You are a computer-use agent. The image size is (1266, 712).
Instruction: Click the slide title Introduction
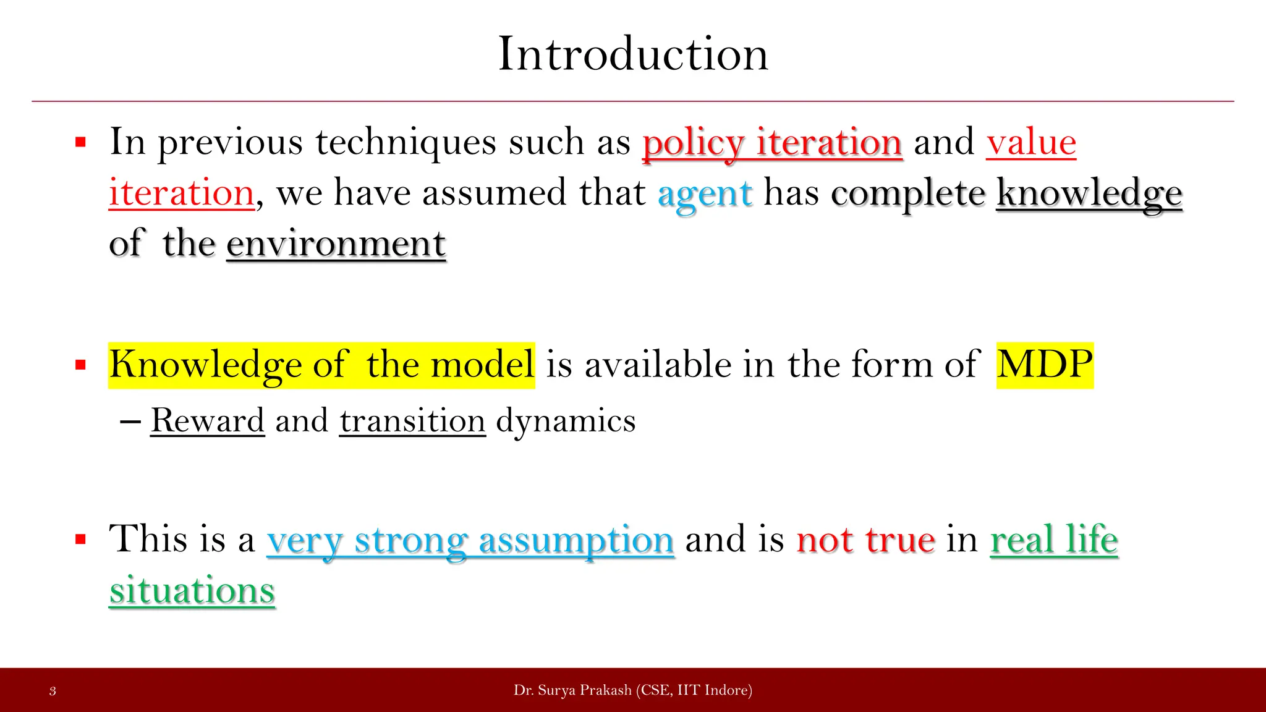click(x=633, y=54)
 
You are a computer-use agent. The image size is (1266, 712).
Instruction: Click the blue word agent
click(x=705, y=194)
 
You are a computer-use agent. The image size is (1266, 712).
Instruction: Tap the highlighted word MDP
click(x=1045, y=365)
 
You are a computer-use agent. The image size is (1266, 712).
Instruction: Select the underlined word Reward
click(x=208, y=422)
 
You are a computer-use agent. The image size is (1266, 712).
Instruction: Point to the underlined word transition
click(x=412, y=422)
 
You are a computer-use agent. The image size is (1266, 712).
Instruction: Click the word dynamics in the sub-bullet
click(x=566, y=422)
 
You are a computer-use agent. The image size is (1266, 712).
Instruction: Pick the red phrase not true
click(x=865, y=540)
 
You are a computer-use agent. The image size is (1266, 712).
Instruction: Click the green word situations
click(x=192, y=590)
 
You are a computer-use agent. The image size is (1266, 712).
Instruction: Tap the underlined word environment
click(x=336, y=244)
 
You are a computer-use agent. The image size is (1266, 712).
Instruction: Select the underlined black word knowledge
click(x=1089, y=194)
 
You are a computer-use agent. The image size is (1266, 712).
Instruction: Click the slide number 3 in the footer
click(x=53, y=691)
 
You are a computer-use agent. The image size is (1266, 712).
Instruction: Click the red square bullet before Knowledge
click(x=80, y=365)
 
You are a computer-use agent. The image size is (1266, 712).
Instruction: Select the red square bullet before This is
click(x=80, y=540)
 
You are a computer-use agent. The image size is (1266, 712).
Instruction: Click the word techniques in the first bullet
click(x=406, y=142)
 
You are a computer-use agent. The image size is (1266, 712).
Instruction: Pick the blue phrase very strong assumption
click(x=470, y=540)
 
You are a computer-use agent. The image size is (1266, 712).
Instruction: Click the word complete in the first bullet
click(x=907, y=194)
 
